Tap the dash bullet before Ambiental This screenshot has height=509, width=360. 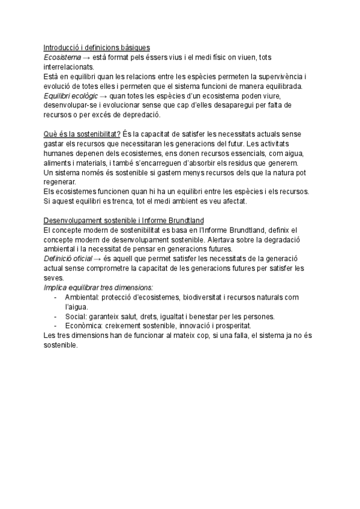pyautogui.click(x=56, y=297)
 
